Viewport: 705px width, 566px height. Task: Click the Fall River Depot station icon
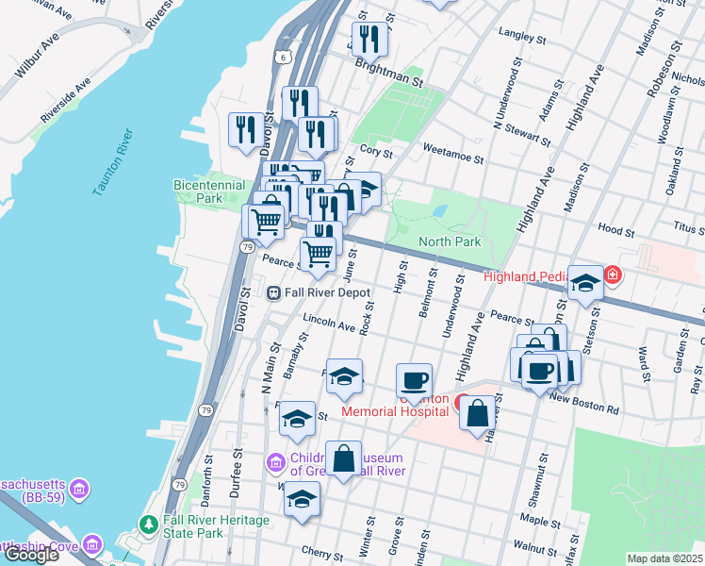tap(274, 292)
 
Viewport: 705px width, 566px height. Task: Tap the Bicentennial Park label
tap(210, 192)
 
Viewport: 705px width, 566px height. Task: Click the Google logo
tap(31, 555)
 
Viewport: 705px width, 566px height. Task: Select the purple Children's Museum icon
tap(275, 462)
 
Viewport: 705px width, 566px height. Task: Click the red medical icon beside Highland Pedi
tap(614, 275)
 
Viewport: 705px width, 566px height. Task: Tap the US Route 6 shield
tap(283, 57)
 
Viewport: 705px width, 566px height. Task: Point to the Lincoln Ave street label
tap(328, 325)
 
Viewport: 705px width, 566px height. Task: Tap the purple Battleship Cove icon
tap(92, 544)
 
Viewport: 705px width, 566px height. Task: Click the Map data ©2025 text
tap(664, 558)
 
